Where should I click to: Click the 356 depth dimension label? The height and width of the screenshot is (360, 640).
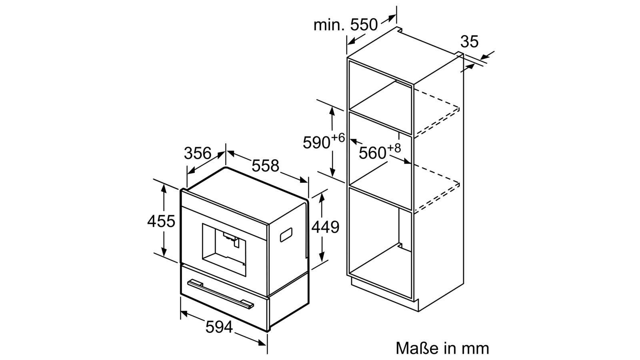click(198, 153)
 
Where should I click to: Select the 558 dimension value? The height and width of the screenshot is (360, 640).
click(265, 166)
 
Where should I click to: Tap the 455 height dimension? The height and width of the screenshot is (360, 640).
click(161, 221)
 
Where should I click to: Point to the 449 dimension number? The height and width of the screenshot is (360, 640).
click(325, 227)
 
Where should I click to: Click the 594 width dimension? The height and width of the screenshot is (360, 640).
click(219, 327)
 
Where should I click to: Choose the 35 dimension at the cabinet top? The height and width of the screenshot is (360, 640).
click(469, 42)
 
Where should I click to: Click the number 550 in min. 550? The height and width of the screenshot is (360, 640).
click(364, 25)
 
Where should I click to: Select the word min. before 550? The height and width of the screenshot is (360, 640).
click(329, 25)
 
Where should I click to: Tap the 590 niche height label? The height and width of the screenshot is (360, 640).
click(316, 142)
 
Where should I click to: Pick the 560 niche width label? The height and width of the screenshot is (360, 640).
click(372, 153)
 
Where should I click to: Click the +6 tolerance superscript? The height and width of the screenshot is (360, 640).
click(338, 138)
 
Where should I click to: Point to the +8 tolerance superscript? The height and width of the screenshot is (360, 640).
click(394, 148)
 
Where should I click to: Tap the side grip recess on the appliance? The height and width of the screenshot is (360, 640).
click(286, 234)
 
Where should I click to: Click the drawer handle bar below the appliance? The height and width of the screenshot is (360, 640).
click(220, 294)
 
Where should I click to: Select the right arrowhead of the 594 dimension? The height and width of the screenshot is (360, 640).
click(262, 342)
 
